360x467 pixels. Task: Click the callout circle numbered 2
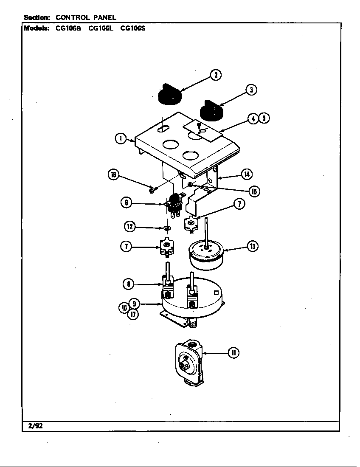click(216, 76)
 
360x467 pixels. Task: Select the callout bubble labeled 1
click(121, 138)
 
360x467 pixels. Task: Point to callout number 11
click(233, 352)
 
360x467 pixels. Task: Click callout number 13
click(253, 246)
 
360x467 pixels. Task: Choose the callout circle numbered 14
click(247, 174)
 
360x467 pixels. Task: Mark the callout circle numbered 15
click(253, 191)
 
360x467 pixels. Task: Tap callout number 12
click(129, 227)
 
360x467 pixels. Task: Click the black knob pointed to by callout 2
click(169, 95)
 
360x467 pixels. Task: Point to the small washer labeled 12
click(167, 229)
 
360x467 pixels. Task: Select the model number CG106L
click(100, 29)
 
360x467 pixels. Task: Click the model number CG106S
click(132, 29)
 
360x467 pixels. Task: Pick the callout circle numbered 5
click(264, 118)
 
